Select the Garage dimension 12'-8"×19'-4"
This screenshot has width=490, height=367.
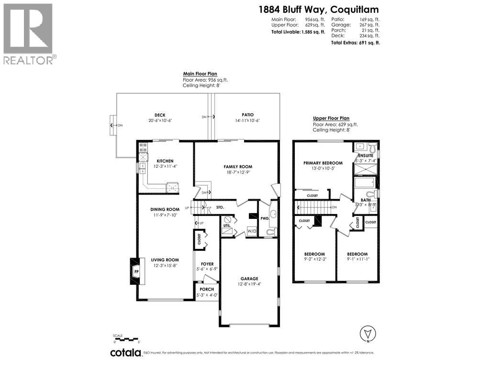(x=249, y=284)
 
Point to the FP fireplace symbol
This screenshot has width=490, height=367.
(x=136, y=272)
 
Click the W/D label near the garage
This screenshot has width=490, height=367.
(x=251, y=232)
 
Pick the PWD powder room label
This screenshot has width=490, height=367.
(x=264, y=218)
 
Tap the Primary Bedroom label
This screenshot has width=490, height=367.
(x=323, y=163)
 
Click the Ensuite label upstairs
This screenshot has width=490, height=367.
(x=366, y=156)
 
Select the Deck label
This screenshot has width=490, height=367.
(x=160, y=115)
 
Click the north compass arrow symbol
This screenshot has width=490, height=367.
(x=367, y=333)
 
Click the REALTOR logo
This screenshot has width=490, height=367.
(x=29, y=33)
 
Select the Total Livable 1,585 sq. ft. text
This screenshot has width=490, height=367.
(x=298, y=32)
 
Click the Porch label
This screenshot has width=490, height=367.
(x=207, y=289)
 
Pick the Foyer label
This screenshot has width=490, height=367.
(x=207, y=263)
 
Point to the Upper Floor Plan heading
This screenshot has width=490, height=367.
(x=331, y=118)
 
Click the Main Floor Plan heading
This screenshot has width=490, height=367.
(x=200, y=74)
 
